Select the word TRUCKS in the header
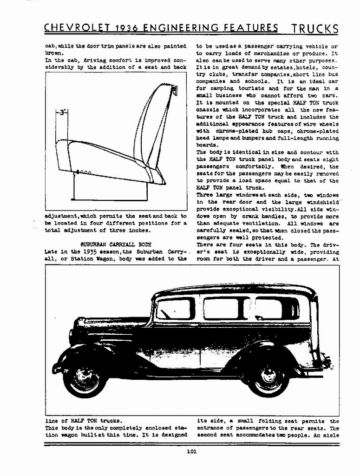coord(315,29)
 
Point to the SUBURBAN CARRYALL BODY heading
coord(116,244)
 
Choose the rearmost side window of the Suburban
coord(274,308)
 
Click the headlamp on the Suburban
coord(72,335)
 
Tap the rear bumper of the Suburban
coord(327,363)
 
